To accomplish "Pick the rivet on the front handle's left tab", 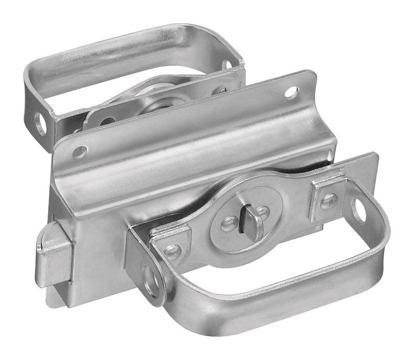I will (172, 252).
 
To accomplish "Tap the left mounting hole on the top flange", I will (79, 151).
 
